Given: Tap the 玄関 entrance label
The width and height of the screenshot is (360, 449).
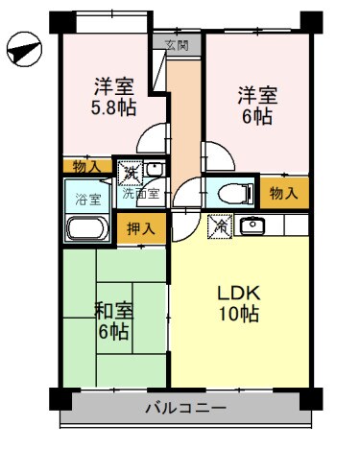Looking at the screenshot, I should pos(176,45).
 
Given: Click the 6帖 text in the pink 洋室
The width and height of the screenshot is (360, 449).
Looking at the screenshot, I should pos(256,117).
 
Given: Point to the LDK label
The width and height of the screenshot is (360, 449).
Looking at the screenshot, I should pos(240,293).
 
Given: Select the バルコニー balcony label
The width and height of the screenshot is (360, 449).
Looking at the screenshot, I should pos(185,407).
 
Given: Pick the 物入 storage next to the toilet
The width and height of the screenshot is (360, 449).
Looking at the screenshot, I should pos(283,194).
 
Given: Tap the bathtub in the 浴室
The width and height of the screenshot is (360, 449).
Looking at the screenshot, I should pos(88,230).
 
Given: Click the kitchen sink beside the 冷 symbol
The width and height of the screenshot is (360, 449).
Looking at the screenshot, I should pos(253,226).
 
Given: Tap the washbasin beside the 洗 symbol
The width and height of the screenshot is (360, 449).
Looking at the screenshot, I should pos(155,171).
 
